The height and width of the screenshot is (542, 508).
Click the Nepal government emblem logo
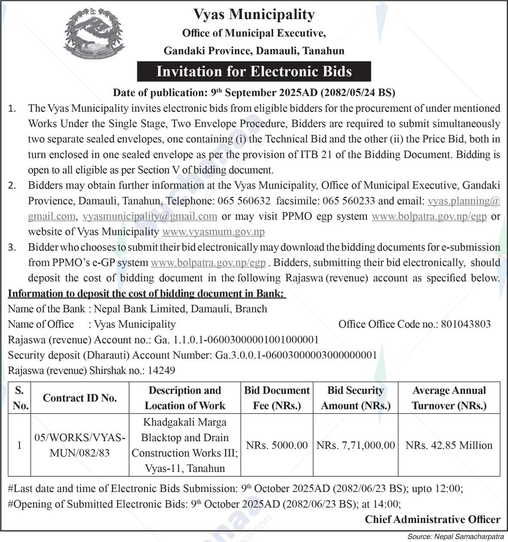94,34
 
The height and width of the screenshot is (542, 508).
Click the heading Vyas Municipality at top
254,15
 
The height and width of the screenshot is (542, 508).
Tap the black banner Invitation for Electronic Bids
254,72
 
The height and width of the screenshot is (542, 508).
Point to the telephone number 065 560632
244,201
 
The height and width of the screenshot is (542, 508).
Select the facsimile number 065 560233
348,201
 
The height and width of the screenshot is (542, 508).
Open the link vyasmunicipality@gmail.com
150,216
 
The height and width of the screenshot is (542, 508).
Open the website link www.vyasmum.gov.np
213,232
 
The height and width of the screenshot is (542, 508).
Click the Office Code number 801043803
466,324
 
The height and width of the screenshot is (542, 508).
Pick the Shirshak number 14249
161,371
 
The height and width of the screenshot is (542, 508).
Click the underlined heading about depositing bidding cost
147,294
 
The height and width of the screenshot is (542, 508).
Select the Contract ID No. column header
80,398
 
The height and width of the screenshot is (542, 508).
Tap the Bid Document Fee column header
277,398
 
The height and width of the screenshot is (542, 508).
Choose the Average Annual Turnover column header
449,398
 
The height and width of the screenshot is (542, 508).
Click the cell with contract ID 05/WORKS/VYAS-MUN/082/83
80,445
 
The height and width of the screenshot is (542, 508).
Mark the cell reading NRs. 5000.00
277,445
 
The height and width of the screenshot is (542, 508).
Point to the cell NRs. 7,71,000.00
356,445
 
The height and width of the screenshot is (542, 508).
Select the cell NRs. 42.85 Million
449,445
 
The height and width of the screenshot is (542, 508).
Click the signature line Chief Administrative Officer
433,520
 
